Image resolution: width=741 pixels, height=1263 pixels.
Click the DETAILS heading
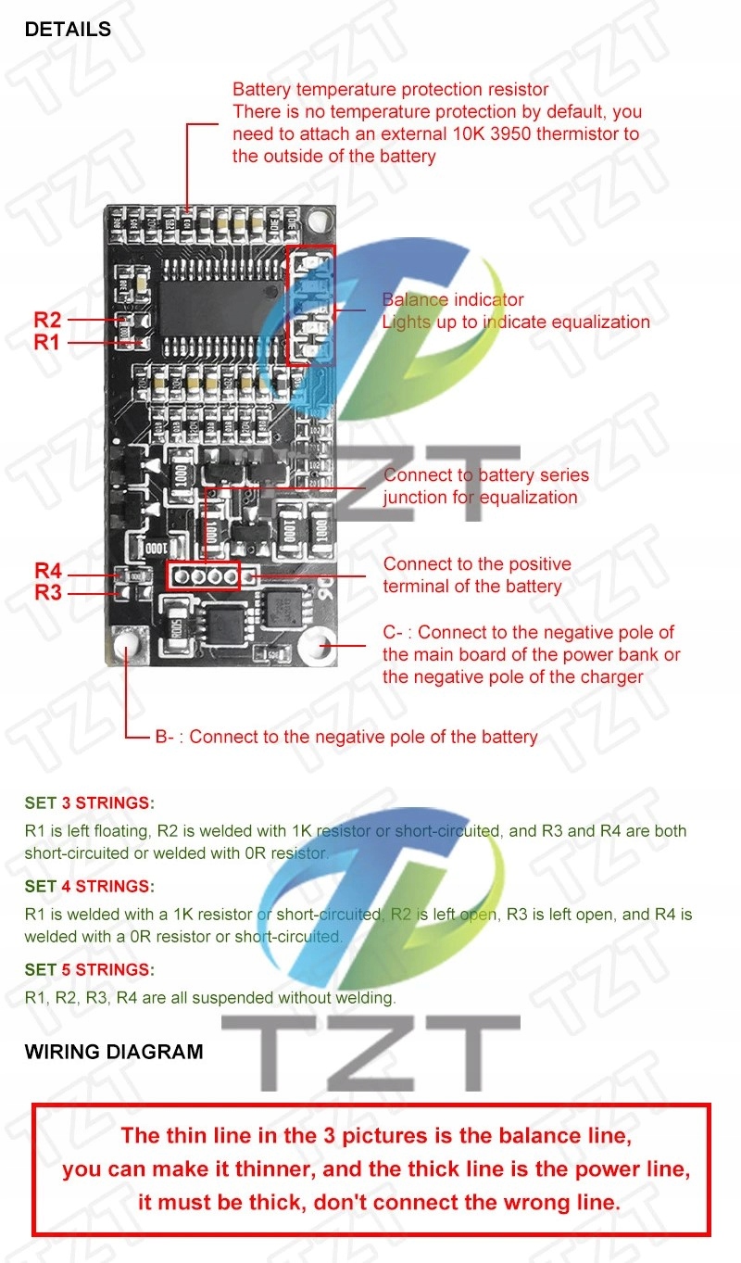point(68,30)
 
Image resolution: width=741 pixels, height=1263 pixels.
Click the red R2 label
point(47,320)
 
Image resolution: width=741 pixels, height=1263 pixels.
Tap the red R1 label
point(47,342)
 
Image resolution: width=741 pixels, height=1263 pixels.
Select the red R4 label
point(48,571)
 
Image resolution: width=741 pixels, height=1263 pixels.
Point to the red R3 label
point(48,592)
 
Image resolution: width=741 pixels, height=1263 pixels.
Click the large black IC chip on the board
point(219,300)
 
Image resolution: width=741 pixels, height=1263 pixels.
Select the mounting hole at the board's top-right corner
point(320,221)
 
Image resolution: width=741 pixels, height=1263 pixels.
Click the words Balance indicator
point(453,300)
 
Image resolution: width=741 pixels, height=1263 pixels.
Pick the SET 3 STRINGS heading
point(90,802)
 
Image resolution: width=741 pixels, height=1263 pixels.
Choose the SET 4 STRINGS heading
point(90,886)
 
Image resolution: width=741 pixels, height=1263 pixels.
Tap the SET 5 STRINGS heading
point(90,969)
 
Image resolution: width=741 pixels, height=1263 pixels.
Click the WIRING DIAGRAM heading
point(114,1052)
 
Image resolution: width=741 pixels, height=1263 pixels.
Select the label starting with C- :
point(528,633)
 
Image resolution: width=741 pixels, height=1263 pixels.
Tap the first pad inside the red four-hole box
point(182,576)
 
